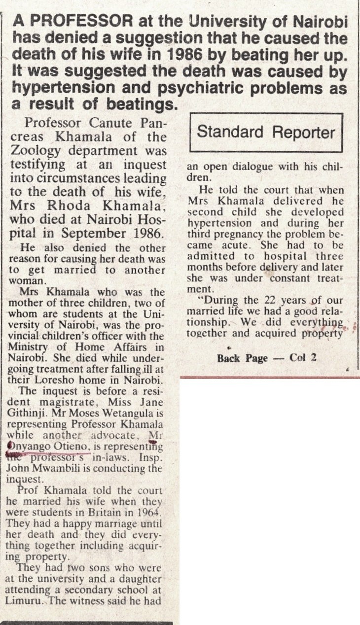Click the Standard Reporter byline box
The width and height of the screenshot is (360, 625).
pyautogui.click(x=266, y=132)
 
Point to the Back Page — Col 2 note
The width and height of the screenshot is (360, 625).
pyautogui.click(x=265, y=358)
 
